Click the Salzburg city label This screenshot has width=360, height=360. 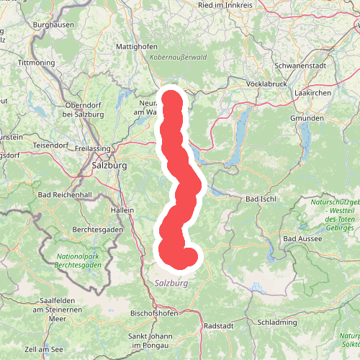point(109,166)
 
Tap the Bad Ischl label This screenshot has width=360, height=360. point(261,198)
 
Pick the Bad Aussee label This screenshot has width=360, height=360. point(300,238)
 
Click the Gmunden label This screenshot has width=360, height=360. point(303,117)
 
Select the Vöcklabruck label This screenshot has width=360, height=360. point(267,84)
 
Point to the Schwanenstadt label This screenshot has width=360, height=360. point(300,64)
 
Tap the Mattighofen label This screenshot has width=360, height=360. point(137,47)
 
